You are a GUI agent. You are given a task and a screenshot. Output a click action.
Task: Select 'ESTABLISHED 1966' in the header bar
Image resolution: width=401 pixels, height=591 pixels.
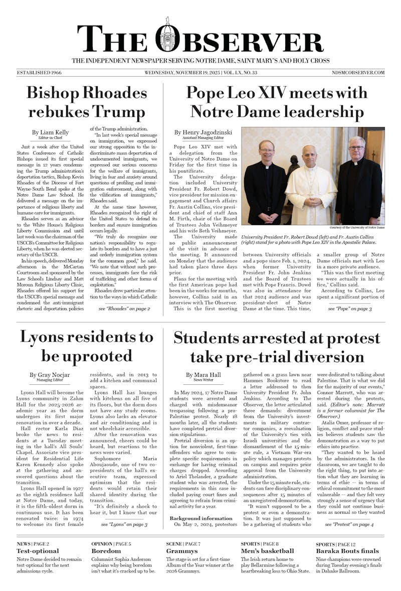tap(39, 73)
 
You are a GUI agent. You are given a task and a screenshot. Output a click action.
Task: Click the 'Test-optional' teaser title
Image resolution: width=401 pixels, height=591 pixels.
tap(38, 551)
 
